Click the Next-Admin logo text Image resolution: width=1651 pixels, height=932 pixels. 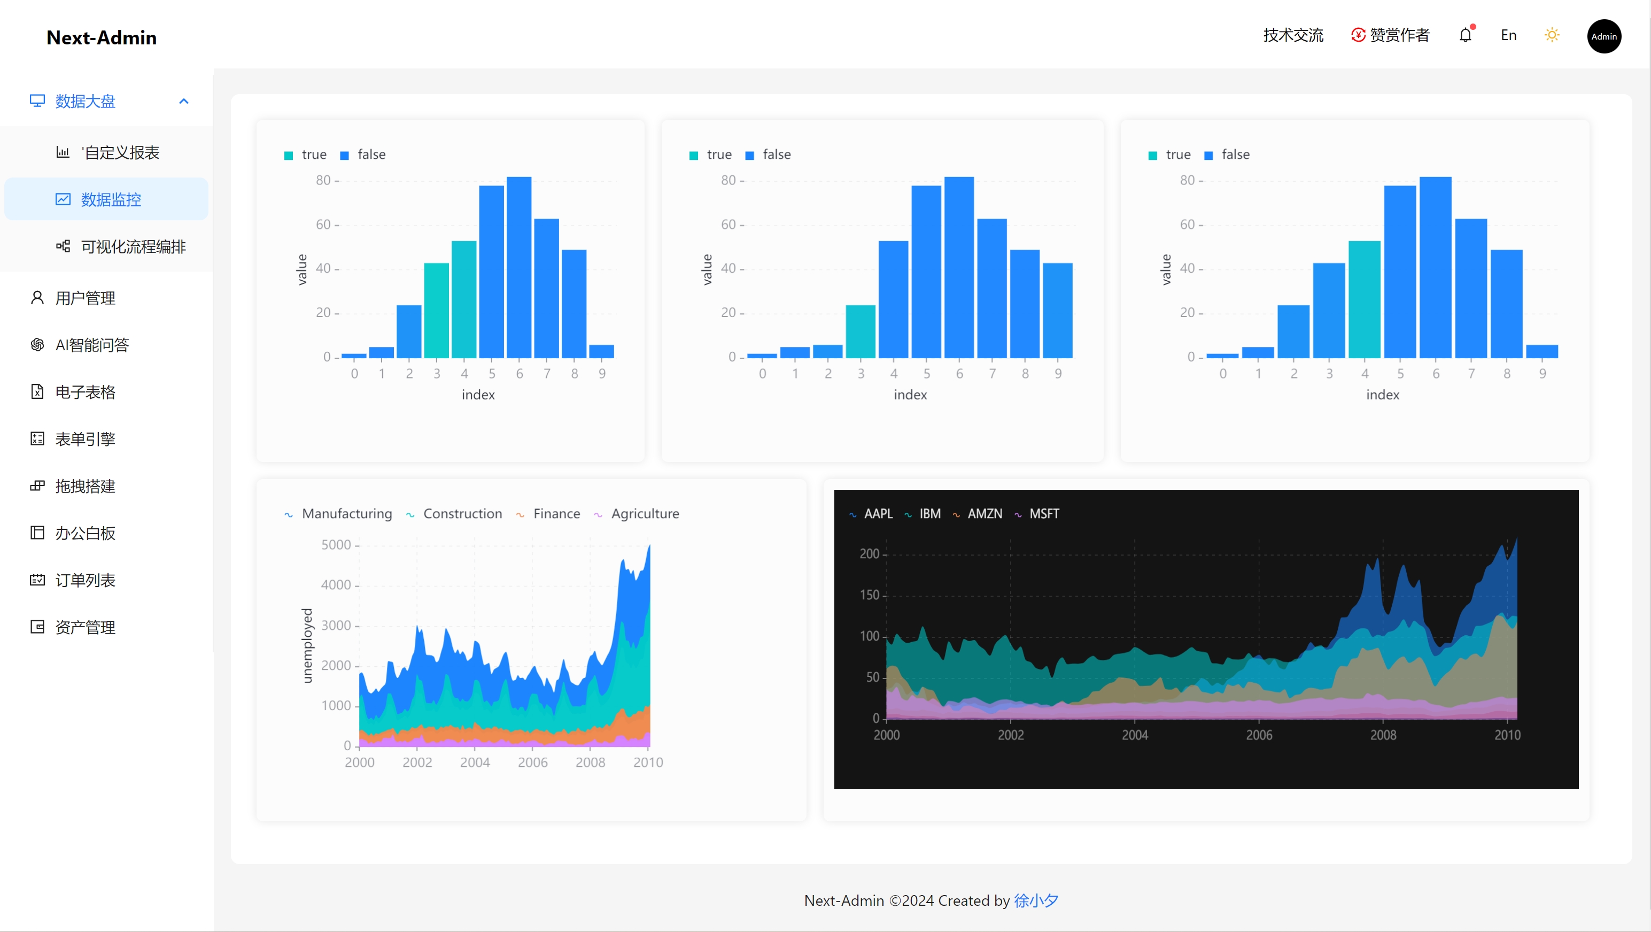coord(101,37)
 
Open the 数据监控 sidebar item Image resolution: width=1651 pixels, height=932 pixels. coord(110,199)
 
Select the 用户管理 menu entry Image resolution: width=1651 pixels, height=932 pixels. coord(85,298)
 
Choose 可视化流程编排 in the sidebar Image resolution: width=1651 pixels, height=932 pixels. coord(133,247)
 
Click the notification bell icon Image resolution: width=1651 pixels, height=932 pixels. coord(1465,35)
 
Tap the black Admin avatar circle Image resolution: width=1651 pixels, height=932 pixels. coord(1603,36)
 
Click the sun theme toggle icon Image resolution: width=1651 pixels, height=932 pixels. coord(1552,35)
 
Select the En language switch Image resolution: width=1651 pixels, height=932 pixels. coord(1508,35)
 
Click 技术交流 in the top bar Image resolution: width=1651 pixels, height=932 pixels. coord(1293,35)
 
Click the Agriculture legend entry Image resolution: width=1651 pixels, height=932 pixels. coord(644,513)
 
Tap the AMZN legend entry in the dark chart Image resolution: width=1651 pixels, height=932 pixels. coord(984,513)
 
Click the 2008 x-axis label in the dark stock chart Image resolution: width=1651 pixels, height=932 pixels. coord(1383,735)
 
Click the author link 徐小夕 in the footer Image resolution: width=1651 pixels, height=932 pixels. coord(1036,900)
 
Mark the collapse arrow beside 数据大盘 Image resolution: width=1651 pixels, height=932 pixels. coord(184,101)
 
